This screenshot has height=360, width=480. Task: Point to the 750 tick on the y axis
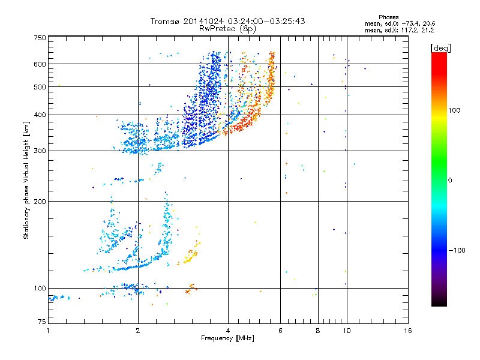[x=40, y=37]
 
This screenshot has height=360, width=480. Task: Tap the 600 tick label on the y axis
[x=40, y=64]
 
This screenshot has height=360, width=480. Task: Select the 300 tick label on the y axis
[x=40, y=151]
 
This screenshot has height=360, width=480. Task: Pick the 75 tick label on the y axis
[x=41, y=322]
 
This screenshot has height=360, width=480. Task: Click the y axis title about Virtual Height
[x=26, y=180]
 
